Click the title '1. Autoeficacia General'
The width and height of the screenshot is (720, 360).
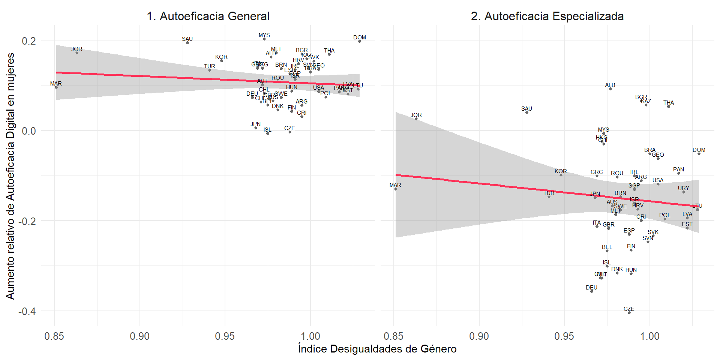point(208,16)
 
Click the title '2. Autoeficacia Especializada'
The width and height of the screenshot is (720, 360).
point(547,16)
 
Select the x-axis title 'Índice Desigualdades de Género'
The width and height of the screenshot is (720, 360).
point(377,349)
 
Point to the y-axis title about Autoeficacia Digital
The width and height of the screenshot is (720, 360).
point(10,176)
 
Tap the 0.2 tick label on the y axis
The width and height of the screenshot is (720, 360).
point(28,40)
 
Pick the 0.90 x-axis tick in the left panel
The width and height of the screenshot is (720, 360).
point(139,336)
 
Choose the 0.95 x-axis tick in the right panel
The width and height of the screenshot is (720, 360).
point(564,336)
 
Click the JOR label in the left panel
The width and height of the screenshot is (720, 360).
point(77,49)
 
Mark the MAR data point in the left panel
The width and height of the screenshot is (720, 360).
point(56,87)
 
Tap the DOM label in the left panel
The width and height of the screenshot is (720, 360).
point(359,37)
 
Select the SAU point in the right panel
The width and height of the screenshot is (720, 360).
point(527,112)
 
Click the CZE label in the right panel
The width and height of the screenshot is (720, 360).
point(629,309)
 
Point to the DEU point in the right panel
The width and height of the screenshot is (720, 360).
point(592,291)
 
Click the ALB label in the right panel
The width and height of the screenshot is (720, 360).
point(610,85)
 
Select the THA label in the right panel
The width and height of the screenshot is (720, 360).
point(668,103)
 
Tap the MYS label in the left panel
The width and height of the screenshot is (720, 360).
point(264,35)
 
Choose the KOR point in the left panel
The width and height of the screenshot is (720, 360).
point(222,61)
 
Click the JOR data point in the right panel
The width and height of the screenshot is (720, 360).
point(416,119)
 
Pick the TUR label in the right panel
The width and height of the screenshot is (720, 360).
point(549,193)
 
